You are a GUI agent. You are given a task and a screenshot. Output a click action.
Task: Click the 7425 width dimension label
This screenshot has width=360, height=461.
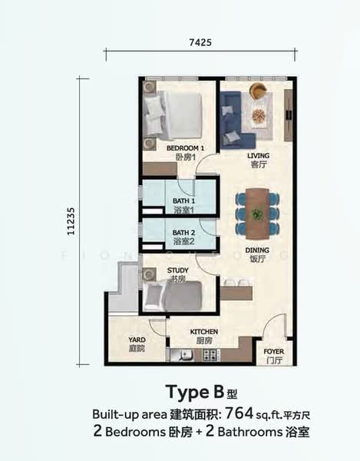pyautogui.click(x=200, y=42)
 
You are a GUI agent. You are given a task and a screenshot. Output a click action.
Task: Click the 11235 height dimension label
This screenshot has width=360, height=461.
pyautogui.click(x=71, y=221)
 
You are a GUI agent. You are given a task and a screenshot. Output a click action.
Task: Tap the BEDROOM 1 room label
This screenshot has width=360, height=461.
pyautogui.click(x=185, y=148)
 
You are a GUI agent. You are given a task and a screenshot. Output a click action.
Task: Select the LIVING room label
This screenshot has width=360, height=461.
pyautogui.click(x=258, y=155)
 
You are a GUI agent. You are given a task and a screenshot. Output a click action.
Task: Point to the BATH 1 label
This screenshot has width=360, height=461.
pyautogui.click(x=183, y=201)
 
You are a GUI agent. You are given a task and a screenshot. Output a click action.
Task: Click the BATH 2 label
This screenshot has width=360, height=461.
pyautogui.click(x=183, y=233)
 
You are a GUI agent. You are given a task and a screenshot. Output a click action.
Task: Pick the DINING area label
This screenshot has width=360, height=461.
pyautogui.click(x=257, y=250)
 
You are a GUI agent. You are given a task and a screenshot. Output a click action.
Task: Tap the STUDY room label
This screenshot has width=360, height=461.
pyautogui.click(x=177, y=270)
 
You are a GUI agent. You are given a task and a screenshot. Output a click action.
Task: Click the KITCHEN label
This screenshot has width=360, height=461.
pyautogui.click(x=204, y=332)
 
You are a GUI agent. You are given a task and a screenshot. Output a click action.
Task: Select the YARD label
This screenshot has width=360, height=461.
pyautogui.click(x=137, y=340)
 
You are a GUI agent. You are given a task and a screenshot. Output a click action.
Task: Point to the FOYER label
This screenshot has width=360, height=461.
pyautogui.click(x=274, y=351)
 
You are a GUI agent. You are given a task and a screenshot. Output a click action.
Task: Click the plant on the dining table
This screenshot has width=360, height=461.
pyautogui.click(x=257, y=214)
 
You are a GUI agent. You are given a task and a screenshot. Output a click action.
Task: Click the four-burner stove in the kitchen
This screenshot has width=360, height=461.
pyautogui.click(x=211, y=355)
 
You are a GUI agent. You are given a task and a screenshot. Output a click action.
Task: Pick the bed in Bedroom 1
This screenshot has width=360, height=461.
pyautogui.click(x=173, y=115)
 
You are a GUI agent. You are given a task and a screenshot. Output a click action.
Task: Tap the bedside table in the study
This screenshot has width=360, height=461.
pyautogui.click(x=149, y=274)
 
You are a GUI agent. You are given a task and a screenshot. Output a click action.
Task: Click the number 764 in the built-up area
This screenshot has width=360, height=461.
pyautogui.click(x=239, y=414)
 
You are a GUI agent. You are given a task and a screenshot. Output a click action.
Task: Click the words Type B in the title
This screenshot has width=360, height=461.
pyautogui.click(x=195, y=392)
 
